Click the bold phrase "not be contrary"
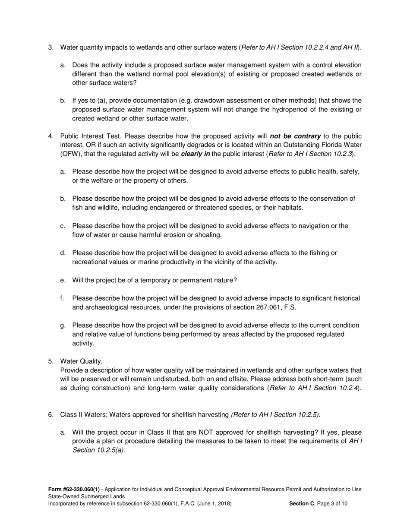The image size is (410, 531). pyautogui.click(x=295, y=136)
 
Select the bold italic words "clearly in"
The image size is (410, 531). pyautogui.click(x=196, y=154)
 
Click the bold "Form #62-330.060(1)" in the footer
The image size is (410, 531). pyautogui.click(x=74, y=489)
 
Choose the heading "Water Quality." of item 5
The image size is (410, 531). pyautogui.click(x=82, y=361)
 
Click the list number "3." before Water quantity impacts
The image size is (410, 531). pyautogui.click(x=50, y=47)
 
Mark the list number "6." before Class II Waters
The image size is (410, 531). pyautogui.click(x=50, y=415)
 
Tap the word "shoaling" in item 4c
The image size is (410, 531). pyautogui.click(x=208, y=235)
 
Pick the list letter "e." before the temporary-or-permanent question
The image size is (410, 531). pyautogui.click(x=63, y=280)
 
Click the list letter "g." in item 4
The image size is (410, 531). pyautogui.click(x=63, y=326)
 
